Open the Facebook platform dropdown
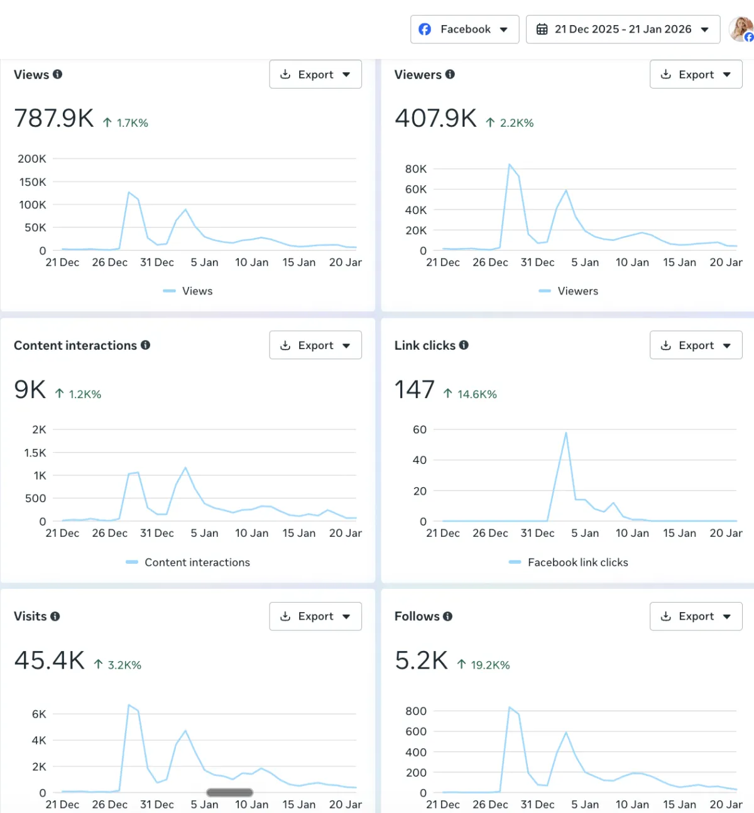point(465,30)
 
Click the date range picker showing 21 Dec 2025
point(623,30)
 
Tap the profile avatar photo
point(741,29)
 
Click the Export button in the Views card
point(315,75)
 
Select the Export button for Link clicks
point(696,345)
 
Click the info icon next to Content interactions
point(146,345)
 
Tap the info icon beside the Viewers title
point(450,74)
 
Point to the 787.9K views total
point(54,118)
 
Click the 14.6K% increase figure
point(477,394)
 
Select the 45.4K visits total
point(49,660)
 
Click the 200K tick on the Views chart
point(32,159)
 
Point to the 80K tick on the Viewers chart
point(416,169)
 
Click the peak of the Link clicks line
point(566,433)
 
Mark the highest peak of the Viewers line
point(510,164)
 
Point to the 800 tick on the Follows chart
point(416,711)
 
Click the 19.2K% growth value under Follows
point(490,665)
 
